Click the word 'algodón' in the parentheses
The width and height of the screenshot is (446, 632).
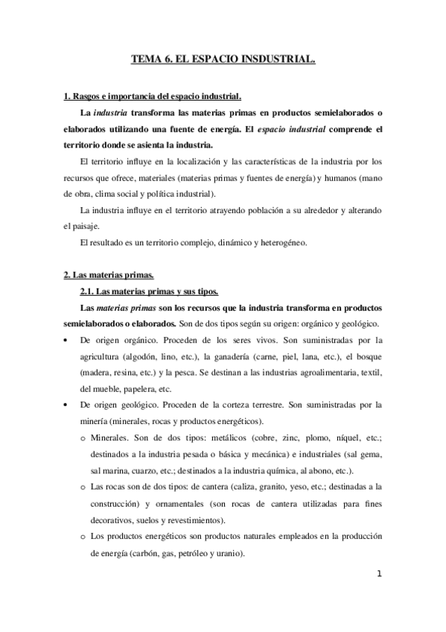coord(150,355)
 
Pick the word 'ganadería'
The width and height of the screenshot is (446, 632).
coord(229,355)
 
